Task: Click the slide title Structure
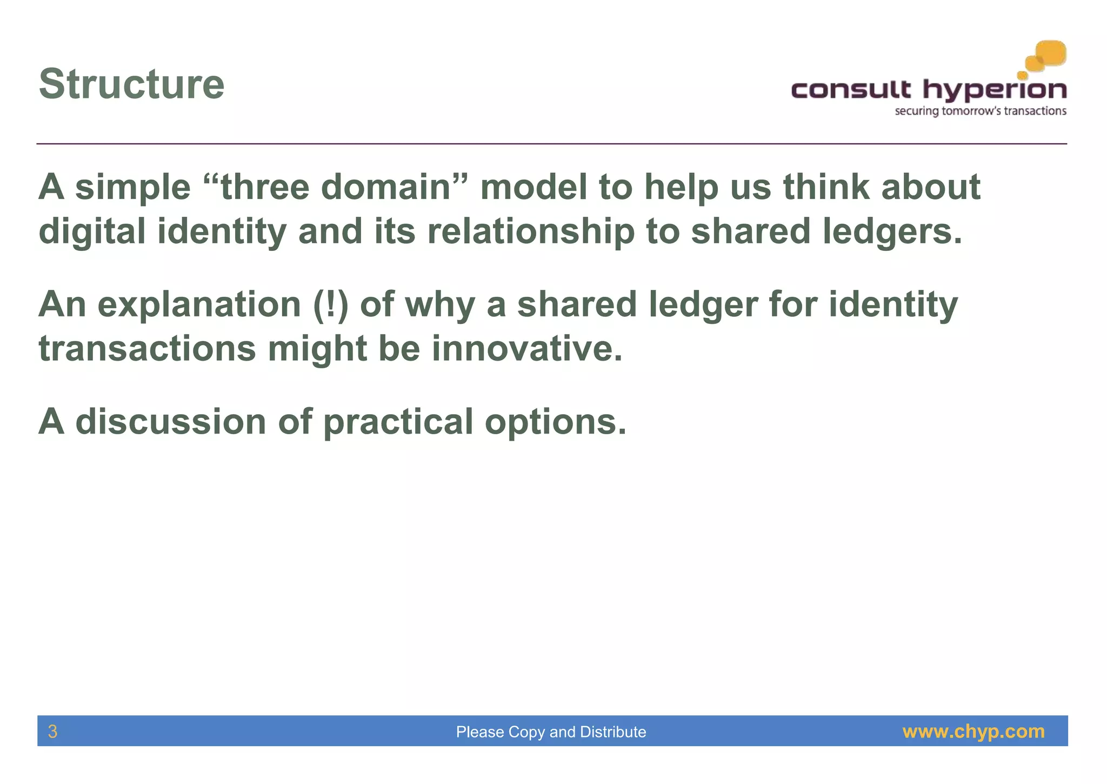(x=131, y=84)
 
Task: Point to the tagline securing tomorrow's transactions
(x=980, y=111)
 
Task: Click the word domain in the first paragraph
(x=386, y=187)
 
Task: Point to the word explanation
(x=199, y=304)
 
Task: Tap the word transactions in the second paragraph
(x=147, y=349)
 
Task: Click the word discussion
(x=170, y=421)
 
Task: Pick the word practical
(x=398, y=421)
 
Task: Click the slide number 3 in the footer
(x=52, y=732)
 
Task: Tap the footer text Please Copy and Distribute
(x=551, y=732)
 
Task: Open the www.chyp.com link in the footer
(x=973, y=732)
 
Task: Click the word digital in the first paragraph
(x=92, y=231)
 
